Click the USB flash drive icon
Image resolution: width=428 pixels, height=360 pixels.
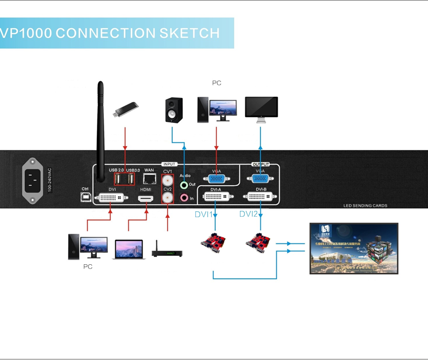pyautogui.click(x=125, y=109)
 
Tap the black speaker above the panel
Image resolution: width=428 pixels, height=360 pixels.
pyautogui.click(x=174, y=110)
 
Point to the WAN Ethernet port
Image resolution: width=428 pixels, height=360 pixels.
pyautogui.click(x=149, y=179)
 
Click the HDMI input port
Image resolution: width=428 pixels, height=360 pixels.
pyautogui.click(x=146, y=199)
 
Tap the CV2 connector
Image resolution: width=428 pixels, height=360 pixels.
pyautogui.click(x=168, y=198)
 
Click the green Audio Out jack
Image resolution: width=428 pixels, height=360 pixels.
pyautogui.click(x=184, y=185)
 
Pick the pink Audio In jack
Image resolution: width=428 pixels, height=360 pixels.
pyautogui.click(x=184, y=198)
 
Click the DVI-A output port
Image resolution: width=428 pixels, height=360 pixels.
pyautogui.click(x=216, y=198)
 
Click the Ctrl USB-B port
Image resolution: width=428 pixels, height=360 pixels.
pyautogui.click(x=85, y=197)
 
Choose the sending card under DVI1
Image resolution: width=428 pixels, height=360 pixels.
pyautogui.click(x=213, y=243)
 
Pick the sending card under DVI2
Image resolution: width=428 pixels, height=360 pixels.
pyautogui.click(x=259, y=242)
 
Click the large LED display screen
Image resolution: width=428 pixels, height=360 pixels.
pyautogui.click(x=354, y=249)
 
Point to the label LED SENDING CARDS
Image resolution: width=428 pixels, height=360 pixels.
pyautogui.click(x=365, y=206)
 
